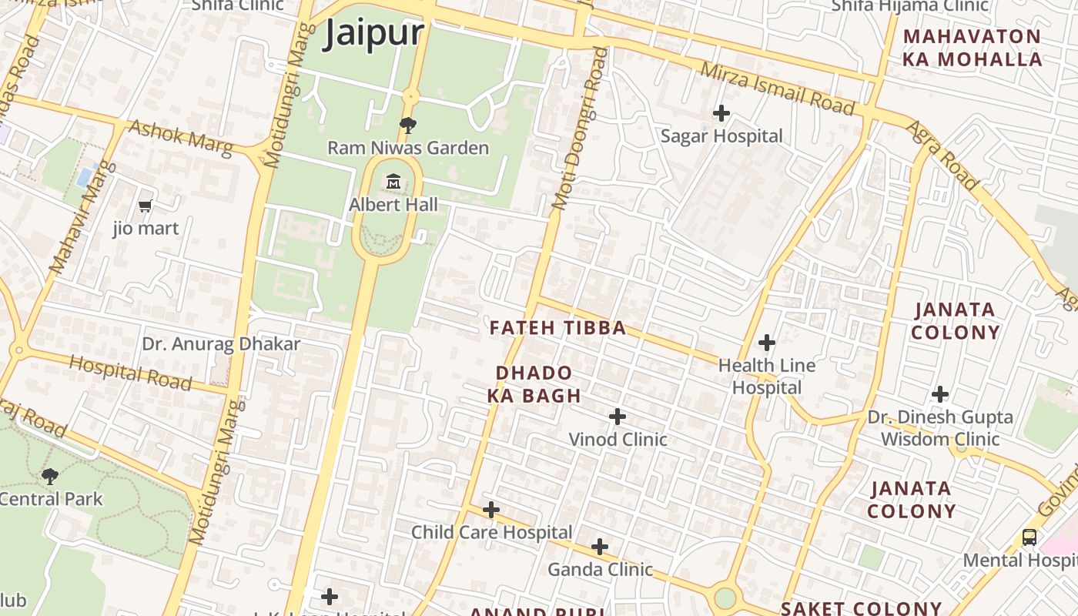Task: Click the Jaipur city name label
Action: (x=374, y=34)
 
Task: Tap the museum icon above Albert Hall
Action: (x=393, y=182)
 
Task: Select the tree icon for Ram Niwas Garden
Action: (x=408, y=125)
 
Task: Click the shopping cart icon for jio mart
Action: (x=146, y=206)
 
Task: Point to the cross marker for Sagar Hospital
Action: (x=721, y=113)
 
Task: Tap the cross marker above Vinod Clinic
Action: (x=617, y=417)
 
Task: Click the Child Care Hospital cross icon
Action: (x=490, y=510)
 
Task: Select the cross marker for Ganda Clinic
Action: (x=599, y=547)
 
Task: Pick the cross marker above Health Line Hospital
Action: (x=766, y=342)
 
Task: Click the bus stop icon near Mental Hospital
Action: (x=1029, y=537)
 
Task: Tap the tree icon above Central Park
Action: (x=50, y=477)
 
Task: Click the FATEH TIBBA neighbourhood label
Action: (x=557, y=328)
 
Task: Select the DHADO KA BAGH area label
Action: (x=534, y=384)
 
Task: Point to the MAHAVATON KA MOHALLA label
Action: (x=973, y=48)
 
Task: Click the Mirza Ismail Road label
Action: (x=778, y=89)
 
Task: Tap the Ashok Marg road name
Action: (x=180, y=138)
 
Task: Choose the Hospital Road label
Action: (x=130, y=373)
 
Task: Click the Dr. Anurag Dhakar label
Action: (x=221, y=343)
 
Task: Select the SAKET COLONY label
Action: (x=861, y=608)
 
